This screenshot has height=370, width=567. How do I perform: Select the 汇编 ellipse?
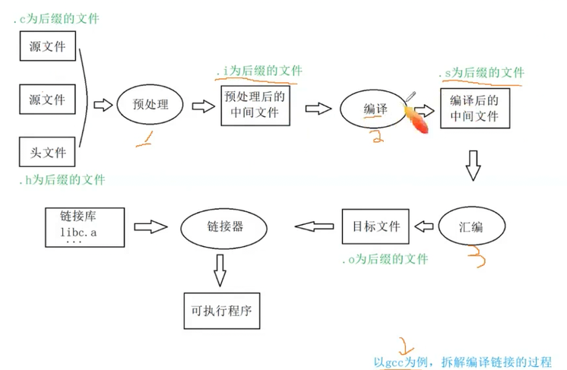pos(470,226)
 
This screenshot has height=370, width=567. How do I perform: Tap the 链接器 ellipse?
pos(226,226)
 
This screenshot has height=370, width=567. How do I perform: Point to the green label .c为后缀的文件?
pos(56,18)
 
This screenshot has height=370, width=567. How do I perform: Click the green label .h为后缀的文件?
pos(62,180)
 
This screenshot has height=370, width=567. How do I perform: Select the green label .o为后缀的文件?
pos(384,260)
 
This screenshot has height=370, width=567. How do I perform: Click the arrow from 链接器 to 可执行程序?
pos(220,266)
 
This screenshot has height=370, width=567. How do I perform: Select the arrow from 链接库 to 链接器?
pos(149,226)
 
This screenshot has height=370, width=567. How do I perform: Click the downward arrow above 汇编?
pos(473,165)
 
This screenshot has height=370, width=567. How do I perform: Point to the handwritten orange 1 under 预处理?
pos(141,138)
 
